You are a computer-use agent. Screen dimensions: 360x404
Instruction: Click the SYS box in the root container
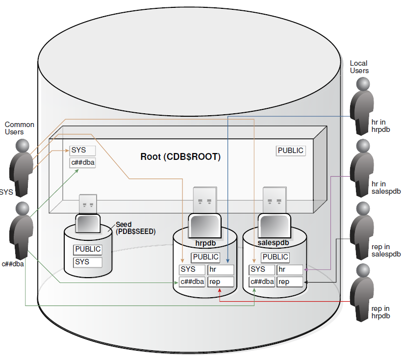82,150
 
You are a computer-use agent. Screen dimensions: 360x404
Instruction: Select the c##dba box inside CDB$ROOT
82,163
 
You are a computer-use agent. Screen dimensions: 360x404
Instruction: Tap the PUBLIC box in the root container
291,151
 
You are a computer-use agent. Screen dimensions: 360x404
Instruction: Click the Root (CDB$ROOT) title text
180,157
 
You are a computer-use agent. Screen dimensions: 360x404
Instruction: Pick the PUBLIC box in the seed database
88,249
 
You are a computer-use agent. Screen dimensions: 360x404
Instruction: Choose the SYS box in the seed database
88,262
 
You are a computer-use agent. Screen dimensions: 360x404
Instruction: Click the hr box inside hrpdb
221,269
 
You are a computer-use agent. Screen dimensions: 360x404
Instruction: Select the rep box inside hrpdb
221,282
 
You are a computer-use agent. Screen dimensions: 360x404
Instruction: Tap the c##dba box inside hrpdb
192,282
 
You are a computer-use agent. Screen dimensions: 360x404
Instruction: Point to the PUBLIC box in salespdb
275,257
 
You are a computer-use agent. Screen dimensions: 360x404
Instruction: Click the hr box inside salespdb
290,269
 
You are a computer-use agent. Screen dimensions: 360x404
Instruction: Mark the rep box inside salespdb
290,282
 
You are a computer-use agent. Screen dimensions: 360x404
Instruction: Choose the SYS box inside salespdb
262,269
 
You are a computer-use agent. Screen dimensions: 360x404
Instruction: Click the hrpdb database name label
205,243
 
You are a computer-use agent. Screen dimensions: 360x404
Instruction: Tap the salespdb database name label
273,243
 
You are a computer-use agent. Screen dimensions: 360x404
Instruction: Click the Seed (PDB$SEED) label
135,228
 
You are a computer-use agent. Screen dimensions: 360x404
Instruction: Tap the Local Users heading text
359,67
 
